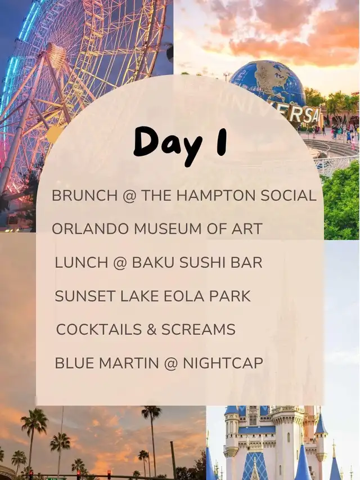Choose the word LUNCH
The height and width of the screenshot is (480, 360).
pyautogui.click(x=81, y=263)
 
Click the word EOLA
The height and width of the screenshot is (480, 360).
pyautogui.click(x=184, y=296)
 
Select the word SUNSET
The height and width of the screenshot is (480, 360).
pyautogui.click(x=85, y=296)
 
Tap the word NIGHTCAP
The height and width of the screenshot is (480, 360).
pyautogui.click(x=223, y=363)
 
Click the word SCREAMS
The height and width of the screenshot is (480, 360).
pyautogui.click(x=199, y=330)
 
